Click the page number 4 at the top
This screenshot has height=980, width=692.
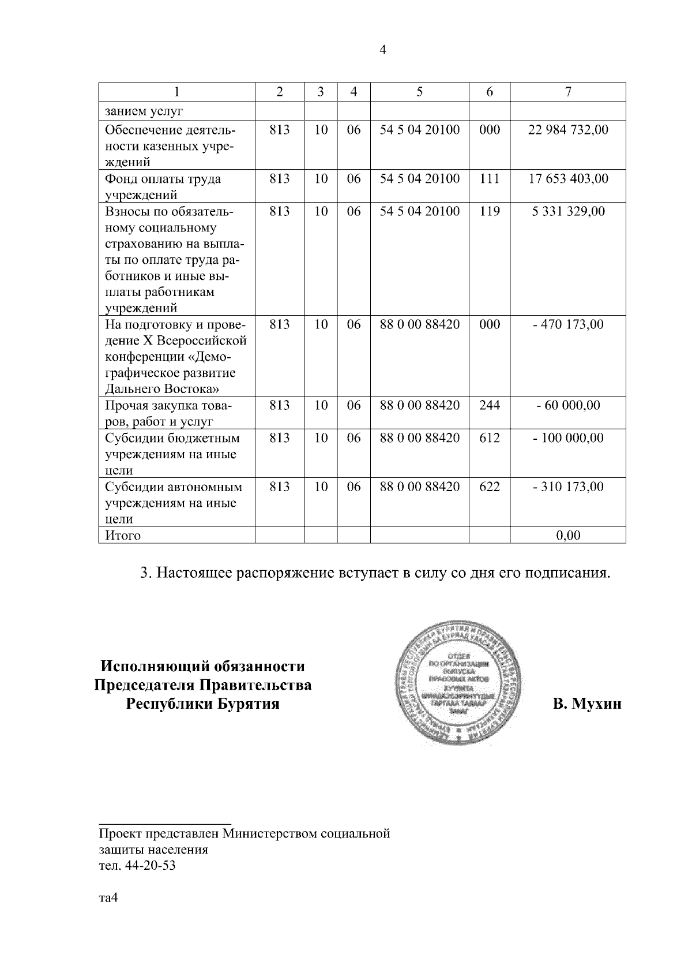pos(383,50)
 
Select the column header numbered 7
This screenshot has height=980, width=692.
pos(568,92)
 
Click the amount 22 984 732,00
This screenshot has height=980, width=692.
pos(568,129)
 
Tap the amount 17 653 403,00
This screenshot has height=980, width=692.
pos(568,178)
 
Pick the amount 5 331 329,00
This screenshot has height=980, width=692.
pos(568,211)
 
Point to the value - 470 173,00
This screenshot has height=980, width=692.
pos(568,324)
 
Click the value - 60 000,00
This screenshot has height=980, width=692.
pos(568,405)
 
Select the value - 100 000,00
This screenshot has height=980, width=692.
pos(568,437)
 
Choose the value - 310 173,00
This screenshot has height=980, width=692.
pos(568,487)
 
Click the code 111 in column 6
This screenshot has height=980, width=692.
pos(490,178)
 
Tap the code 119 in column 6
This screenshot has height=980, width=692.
pos(490,211)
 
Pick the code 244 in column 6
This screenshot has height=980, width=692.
pos(490,405)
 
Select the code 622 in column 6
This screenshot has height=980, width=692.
pos(490,487)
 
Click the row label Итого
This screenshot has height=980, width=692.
pos(123,536)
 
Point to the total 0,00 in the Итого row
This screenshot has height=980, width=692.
pos(568,536)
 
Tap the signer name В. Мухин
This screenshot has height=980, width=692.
pos(587,704)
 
